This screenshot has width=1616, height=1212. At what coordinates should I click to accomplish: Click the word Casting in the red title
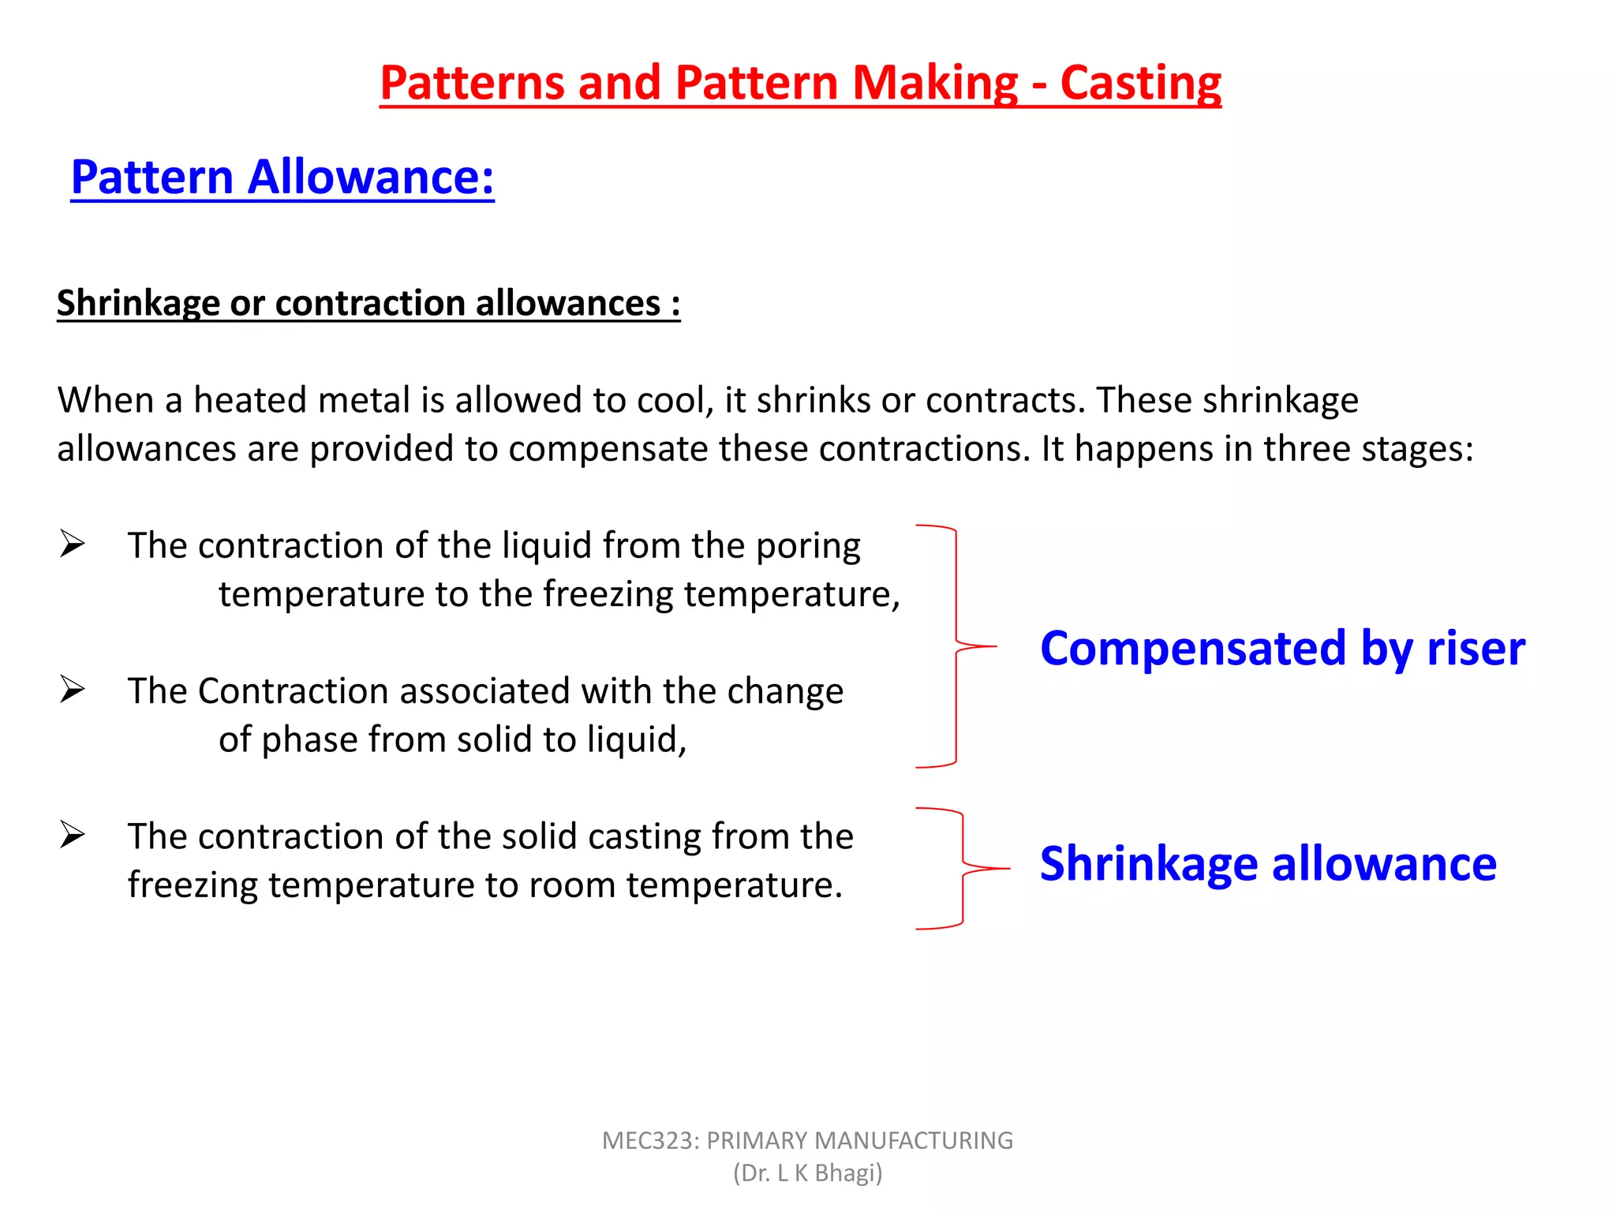click(1140, 84)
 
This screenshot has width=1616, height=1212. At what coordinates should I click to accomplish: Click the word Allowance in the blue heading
click(371, 177)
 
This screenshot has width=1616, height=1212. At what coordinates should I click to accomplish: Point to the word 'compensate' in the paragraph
click(607, 450)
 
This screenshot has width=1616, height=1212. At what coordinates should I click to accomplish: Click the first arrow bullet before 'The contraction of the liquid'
click(72, 544)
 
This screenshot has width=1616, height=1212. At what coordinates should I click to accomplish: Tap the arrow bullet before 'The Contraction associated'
click(72, 690)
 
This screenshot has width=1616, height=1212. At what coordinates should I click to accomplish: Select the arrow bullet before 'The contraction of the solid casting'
click(72, 835)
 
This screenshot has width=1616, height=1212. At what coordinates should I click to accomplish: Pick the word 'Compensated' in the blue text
click(1191, 649)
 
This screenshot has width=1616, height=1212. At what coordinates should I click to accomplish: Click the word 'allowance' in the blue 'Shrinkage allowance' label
click(1384, 864)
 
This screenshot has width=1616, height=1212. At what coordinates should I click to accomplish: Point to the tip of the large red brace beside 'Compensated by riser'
click(996, 646)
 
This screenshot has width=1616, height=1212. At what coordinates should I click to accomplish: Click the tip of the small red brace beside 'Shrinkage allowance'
click(1008, 868)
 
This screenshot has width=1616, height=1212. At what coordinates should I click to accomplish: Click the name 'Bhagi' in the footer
click(847, 1173)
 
